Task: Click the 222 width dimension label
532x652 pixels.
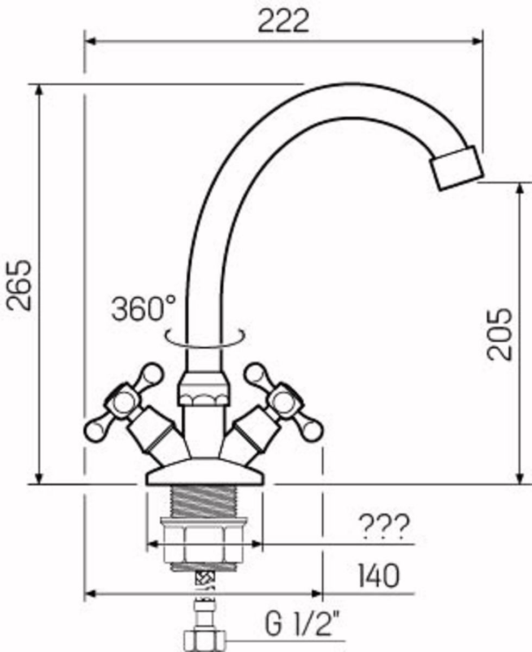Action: click(x=284, y=21)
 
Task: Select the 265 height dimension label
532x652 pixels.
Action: click(x=19, y=285)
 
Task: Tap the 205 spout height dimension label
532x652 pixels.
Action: click(x=499, y=334)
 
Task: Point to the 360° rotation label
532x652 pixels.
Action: click(x=143, y=308)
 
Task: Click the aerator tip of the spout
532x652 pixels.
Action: click(x=458, y=168)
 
